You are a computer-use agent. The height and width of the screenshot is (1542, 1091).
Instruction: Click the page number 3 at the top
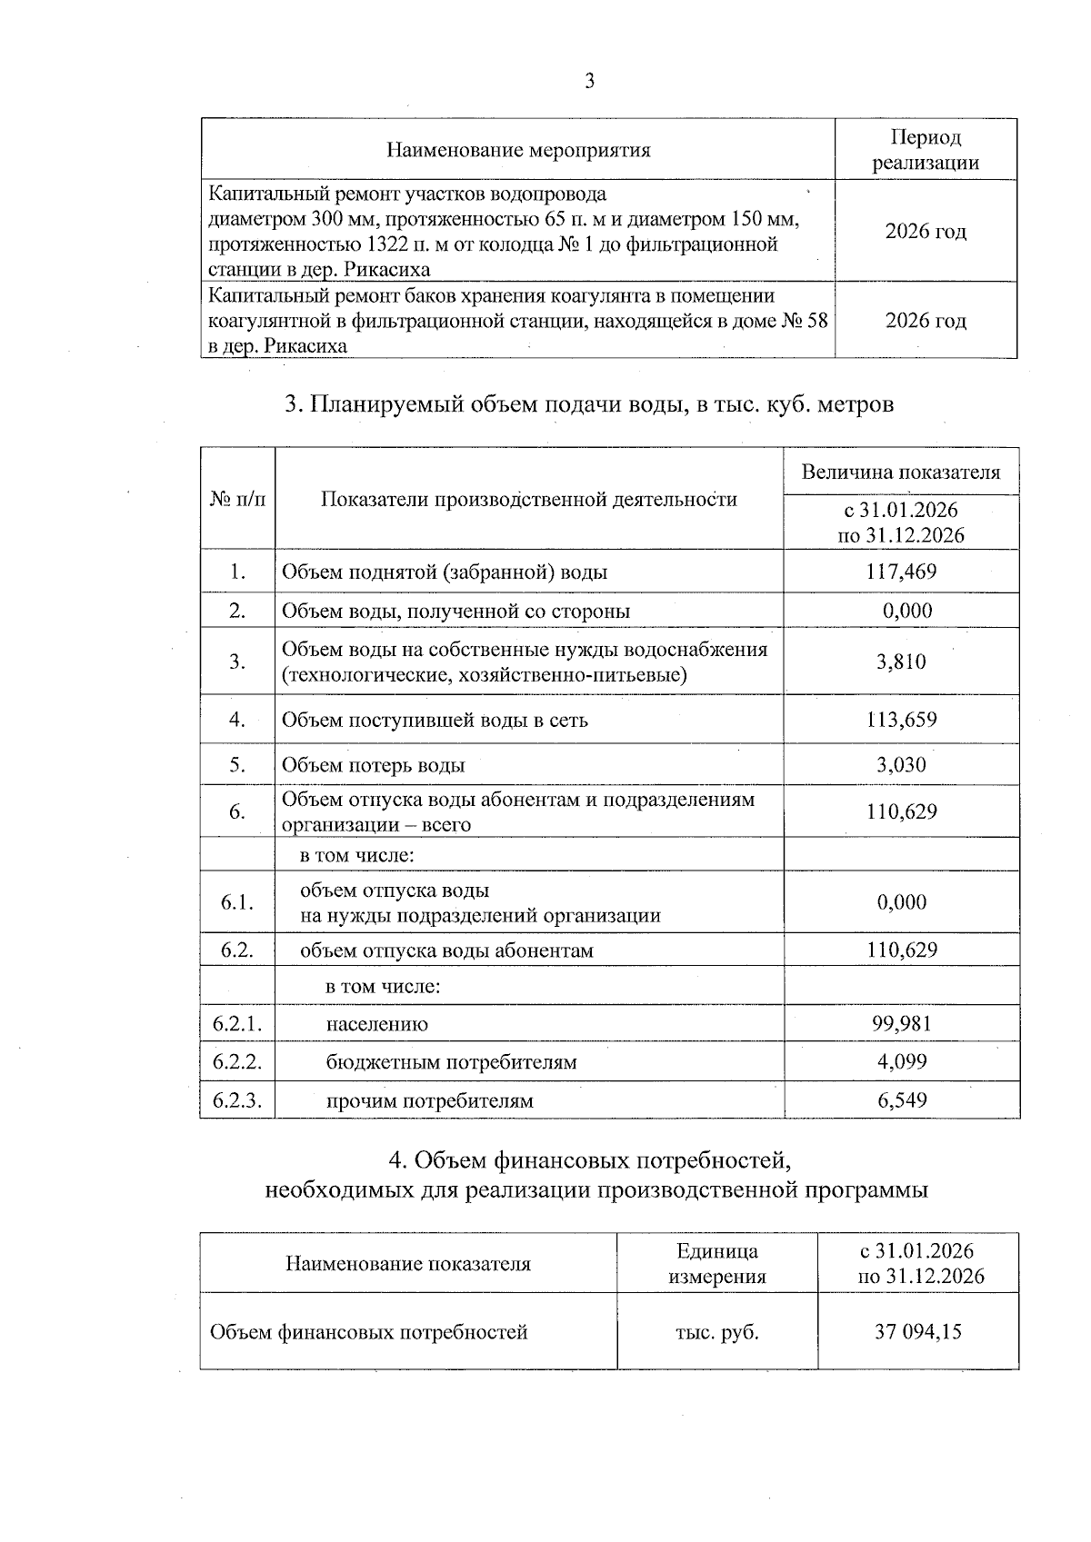click(589, 82)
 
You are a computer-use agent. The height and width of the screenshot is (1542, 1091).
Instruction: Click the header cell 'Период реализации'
click(926, 150)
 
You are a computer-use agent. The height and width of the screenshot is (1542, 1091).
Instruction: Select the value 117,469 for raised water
click(902, 572)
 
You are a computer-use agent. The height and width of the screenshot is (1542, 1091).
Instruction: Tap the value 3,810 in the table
click(902, 662)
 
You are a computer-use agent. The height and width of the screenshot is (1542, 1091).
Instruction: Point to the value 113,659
click(902, 720)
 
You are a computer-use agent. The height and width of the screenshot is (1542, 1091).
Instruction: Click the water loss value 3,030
click(902, 765)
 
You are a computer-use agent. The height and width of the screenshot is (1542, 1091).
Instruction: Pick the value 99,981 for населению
click(902, 1024)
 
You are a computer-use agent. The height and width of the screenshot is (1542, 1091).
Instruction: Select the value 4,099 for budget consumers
click(902, 1061)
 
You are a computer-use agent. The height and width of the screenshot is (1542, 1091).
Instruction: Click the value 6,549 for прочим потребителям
click(902, 1100)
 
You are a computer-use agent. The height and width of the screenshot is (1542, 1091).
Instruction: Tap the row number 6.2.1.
click(237, 1024)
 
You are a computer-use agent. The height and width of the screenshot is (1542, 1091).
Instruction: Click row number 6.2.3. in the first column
click(237, 1100)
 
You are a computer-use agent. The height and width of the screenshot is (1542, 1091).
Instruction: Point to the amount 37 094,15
click(918, 1332)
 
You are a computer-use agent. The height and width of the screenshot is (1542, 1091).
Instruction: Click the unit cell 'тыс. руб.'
click(717, 1332)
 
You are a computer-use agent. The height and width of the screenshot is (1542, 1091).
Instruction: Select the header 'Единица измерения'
click(717, 1264)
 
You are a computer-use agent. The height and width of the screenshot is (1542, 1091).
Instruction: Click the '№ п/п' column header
click(237, 499)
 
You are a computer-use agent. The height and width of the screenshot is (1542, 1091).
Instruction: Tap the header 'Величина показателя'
click(901, 472)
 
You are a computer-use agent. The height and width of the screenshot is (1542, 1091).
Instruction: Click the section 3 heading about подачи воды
click(589, 404)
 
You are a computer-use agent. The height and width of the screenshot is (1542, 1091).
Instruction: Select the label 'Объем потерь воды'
click(374, 765)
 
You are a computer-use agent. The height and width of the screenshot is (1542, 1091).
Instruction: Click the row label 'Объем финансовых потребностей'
click(369, 1332)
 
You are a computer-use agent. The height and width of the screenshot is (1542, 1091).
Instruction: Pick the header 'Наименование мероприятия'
click(518, 150)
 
